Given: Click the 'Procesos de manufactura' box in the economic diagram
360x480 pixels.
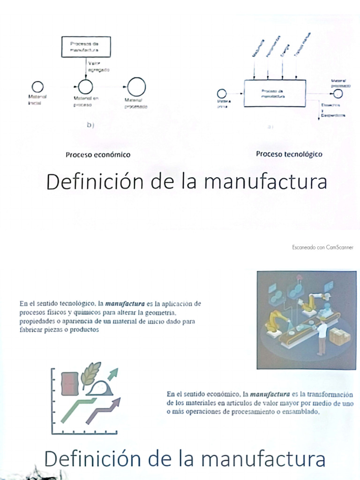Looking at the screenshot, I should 86,47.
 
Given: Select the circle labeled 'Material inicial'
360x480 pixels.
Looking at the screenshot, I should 37,87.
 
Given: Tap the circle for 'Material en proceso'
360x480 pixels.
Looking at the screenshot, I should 85,87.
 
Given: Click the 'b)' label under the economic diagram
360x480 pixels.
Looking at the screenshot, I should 90,125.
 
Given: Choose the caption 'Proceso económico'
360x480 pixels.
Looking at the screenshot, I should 97,154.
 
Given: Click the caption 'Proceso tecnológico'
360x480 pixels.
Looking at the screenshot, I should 289,154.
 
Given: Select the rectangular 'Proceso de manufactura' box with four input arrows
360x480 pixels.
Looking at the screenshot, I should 274,93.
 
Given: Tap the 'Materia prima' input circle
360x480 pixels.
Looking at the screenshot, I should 222,93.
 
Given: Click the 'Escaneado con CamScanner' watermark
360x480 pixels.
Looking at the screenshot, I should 322,247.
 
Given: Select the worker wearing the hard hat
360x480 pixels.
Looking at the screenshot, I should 322,335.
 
